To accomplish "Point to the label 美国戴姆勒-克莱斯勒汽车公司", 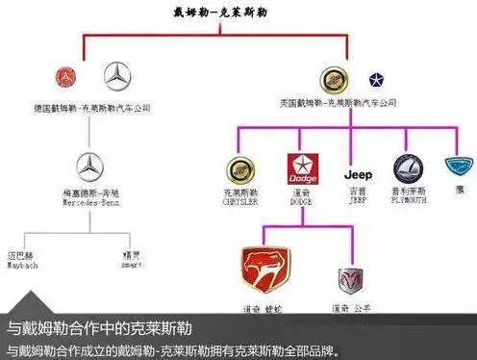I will pyautogui.click(x=347, y=103).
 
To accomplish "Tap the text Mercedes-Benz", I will pyautogui.click(x=89, y=203).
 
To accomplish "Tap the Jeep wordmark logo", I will pyautogui.click(x=359, y=175).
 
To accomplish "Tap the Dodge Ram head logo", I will pyautogui.click(x=350, y=279).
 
